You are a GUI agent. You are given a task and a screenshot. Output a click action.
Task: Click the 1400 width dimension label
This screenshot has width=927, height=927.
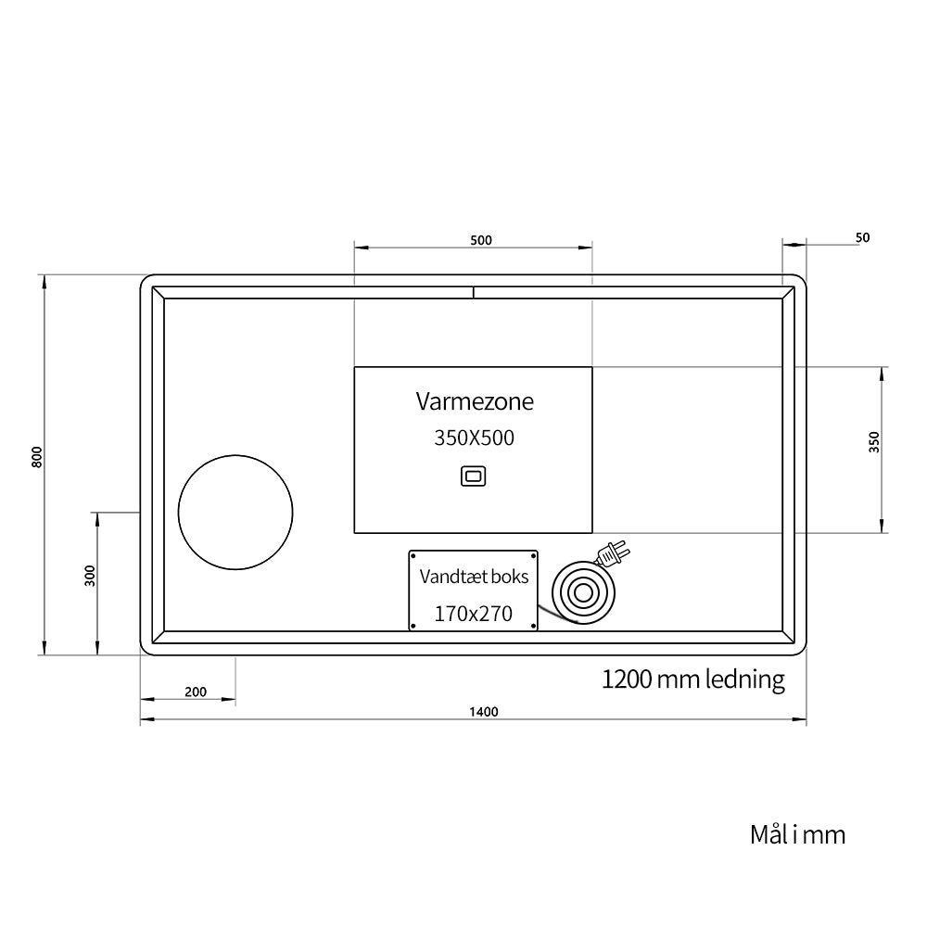(x=484, y=712)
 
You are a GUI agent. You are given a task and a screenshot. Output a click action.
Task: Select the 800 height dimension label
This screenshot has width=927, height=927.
(x=37, y=457)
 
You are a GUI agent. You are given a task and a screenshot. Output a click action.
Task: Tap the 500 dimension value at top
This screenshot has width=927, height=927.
(x=481, y=240)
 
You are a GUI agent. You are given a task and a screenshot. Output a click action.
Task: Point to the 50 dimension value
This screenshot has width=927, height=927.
(x=862, y=237)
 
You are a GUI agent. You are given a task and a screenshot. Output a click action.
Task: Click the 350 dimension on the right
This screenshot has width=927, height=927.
(x=874, y=442)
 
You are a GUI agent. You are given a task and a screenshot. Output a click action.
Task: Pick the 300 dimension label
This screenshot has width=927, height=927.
(x=90, y=576)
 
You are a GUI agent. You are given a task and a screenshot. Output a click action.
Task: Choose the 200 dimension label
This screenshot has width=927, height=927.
(x=196, y=692)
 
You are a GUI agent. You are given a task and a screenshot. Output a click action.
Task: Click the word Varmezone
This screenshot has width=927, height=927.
(x=475, y=401)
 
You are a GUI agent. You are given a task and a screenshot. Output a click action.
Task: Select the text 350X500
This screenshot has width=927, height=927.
(x=474, y=438)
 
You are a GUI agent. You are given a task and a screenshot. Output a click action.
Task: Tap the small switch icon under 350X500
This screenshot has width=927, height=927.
(x=474, y=476)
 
